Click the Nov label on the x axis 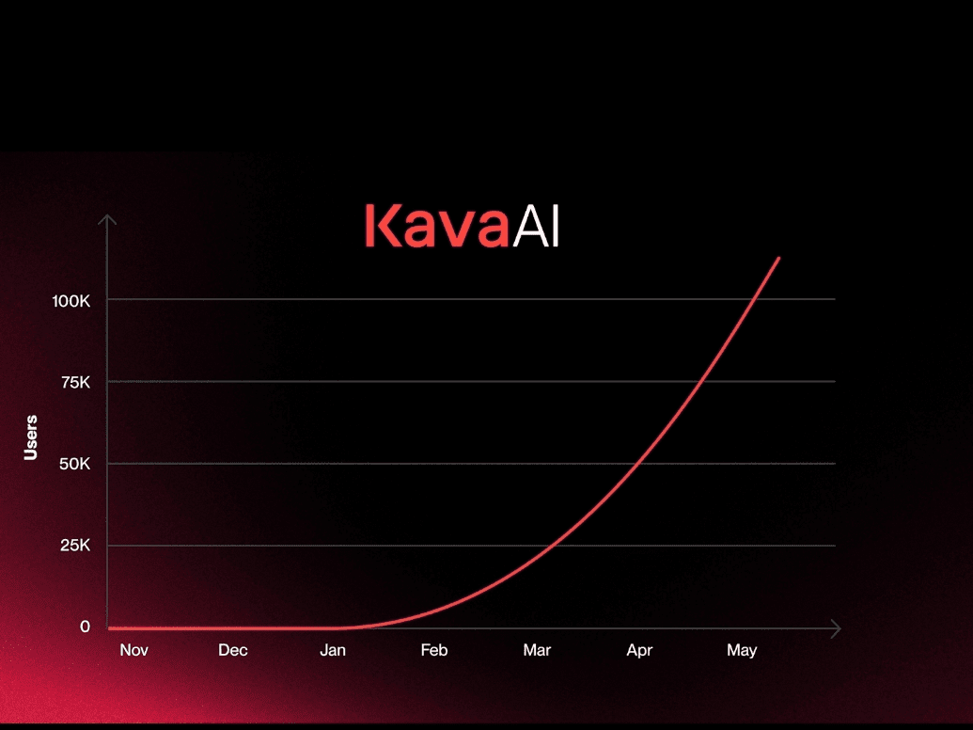pos(134,650)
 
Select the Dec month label pos(233,650)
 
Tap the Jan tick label pos(333,650)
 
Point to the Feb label pos(433,650)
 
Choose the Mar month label pos(537,650)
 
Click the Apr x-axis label pos(639,651)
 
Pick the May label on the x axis pos(742,651)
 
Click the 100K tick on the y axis pos(71,301)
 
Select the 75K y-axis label pos(76,382)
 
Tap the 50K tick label pos(75,464)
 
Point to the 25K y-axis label pos(75,545)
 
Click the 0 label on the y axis pos(85,627)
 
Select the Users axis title pos(30,437)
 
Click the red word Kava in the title pos(437,226)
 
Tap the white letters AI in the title pos(536,226)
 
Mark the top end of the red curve pos(778,258)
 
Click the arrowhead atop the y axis pos(107,219)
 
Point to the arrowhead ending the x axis pos(837,628)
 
